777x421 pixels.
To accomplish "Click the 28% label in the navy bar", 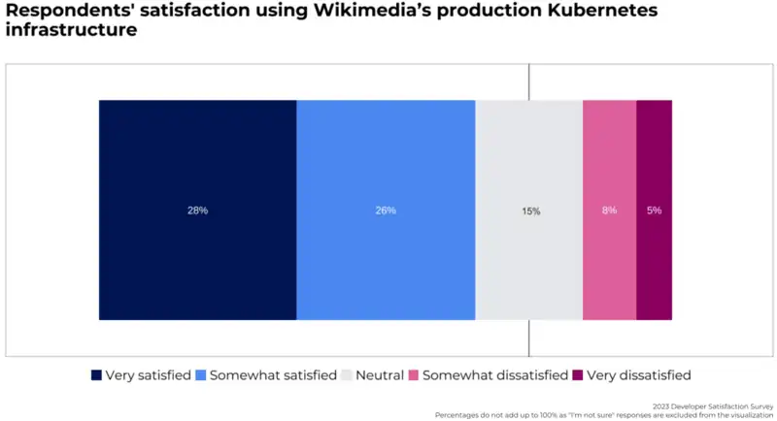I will [197, 210].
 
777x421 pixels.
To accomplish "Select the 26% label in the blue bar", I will [386, 210].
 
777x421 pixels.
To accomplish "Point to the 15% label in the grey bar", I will [531, 210].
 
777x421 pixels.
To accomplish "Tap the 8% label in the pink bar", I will [609, 210].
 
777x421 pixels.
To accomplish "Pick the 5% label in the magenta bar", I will [654, 210].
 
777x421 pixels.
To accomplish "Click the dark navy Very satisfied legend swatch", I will [96, 375].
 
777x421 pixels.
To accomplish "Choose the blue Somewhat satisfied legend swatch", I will [201, 375].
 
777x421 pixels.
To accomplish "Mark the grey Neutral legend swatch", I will [346, 375].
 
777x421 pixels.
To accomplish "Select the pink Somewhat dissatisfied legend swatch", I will [413, 375].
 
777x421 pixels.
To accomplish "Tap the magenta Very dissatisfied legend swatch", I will [577, 375].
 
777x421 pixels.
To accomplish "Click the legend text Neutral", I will [380, 375].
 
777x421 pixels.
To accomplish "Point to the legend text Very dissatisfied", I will [638, 375].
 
